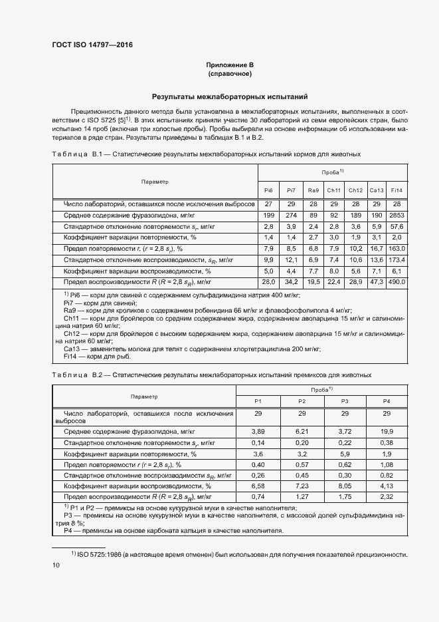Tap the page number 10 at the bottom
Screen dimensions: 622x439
(56, 565)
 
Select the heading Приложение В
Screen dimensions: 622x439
(229, 65)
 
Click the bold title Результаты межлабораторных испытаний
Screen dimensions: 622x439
(229, 96)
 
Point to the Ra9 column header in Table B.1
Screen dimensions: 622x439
(313, 190)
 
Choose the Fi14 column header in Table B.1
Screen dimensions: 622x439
(397, 190)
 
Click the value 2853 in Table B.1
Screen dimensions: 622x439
(397, 216)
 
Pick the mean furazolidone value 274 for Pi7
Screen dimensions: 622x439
(291, 216)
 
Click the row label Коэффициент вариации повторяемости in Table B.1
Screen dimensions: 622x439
(130, 237)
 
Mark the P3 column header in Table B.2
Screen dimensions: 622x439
(345, 400)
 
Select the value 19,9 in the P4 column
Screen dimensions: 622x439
(387, 432)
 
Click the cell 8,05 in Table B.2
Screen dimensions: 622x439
(345, 486)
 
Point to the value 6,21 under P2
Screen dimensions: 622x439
(302, 432)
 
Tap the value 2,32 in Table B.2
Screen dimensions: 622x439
(387, 496)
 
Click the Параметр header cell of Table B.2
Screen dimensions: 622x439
(144, 396)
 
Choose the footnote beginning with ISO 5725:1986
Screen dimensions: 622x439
(242, 554)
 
